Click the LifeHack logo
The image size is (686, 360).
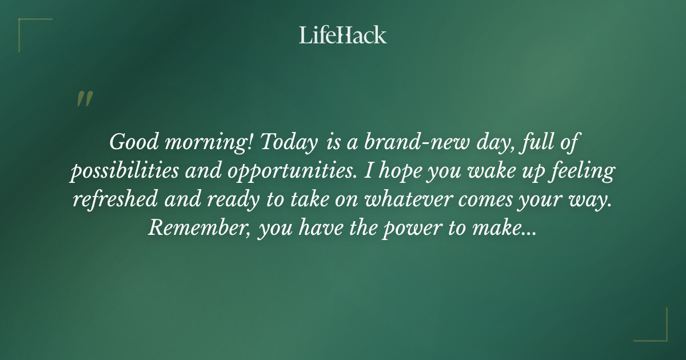343,35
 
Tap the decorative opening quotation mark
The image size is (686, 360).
84,99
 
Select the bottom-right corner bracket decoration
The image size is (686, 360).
657,331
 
